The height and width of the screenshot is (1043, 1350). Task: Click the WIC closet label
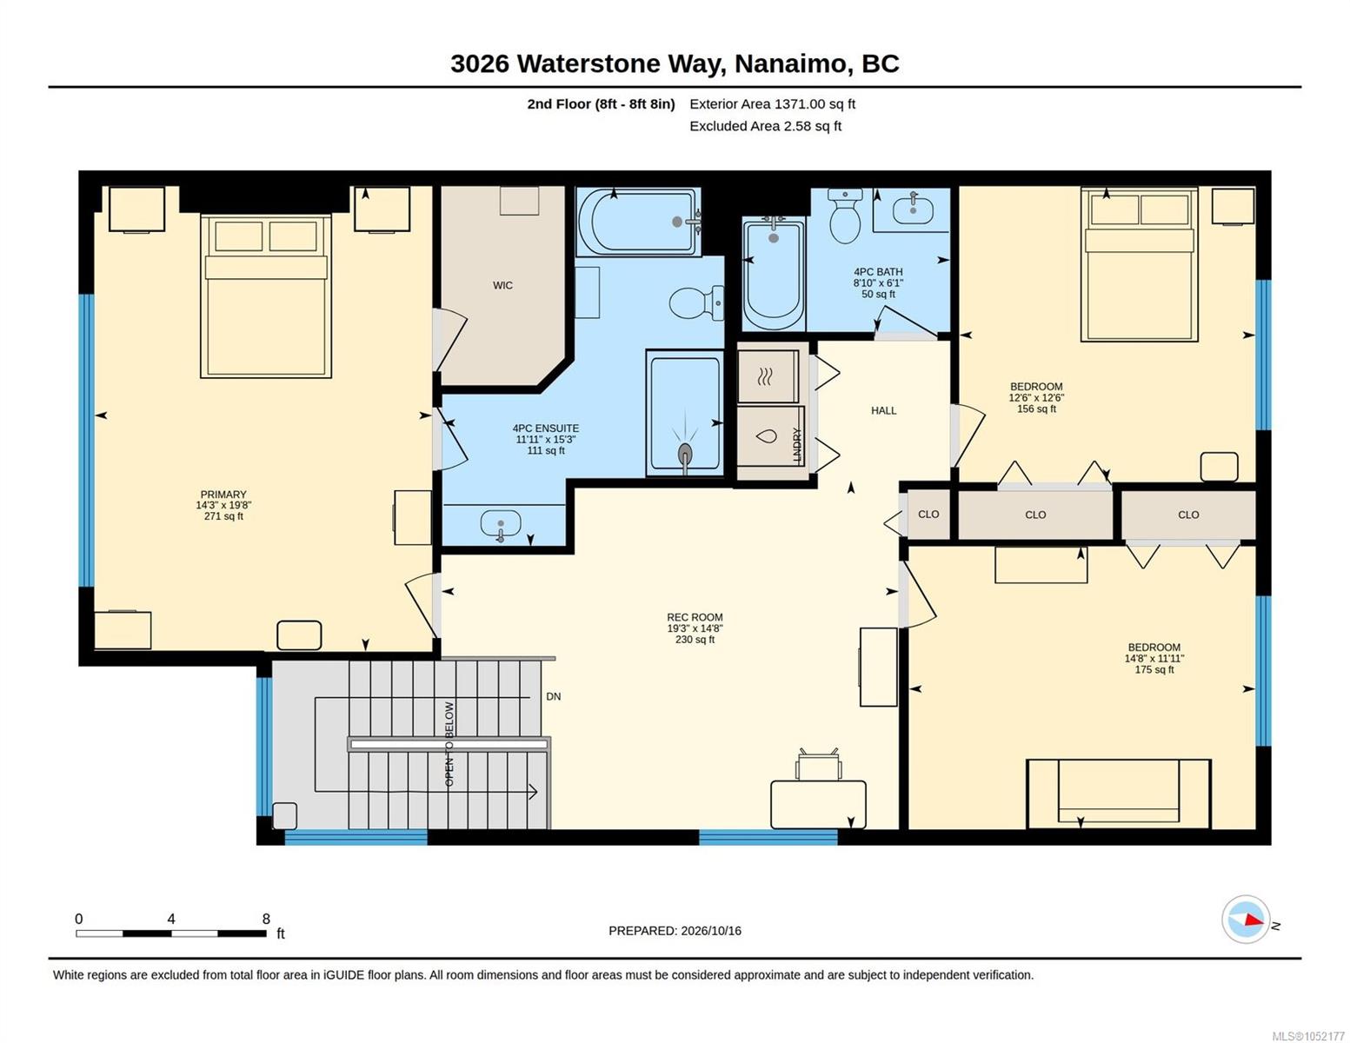(502, 285)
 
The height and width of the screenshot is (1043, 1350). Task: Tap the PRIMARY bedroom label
(223, 495)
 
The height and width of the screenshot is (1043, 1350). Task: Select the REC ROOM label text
(695, 617)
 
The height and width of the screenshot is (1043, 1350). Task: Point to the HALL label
(883, 410)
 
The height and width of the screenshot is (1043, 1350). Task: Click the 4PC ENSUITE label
(545, 428)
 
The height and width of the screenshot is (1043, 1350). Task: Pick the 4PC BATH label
(878, 271)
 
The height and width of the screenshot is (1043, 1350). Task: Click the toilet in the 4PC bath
(845, 216)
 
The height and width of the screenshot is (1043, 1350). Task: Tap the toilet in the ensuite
(696, 303)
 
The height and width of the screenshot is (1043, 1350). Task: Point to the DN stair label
(553, 696)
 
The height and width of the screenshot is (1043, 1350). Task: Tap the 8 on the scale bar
(266, 919)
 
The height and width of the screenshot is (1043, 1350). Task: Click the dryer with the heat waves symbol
(768, 376)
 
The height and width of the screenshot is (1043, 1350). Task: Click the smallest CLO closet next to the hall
(928, 514)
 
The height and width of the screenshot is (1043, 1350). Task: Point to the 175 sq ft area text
(1154, 669)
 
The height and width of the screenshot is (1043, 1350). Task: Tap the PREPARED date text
(675, 931)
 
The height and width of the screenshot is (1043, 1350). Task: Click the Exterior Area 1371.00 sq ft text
(772, 104)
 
